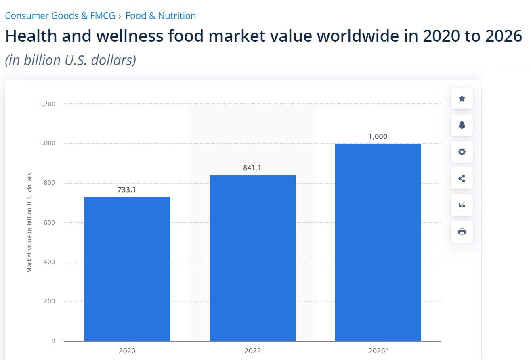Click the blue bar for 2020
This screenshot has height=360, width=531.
[x=127, y=269]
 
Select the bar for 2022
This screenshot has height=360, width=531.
[x=252, y=258]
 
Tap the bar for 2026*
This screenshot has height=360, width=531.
[x=378, y=242]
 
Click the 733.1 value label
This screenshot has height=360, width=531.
[x=127, y=190]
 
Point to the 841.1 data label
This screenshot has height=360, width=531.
[x=252, y=168]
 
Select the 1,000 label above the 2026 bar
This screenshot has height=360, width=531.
[x=378, y=136]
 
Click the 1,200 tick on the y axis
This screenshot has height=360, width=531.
[x=47, y=104]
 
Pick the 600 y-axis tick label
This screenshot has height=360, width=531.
[x=49, y=223]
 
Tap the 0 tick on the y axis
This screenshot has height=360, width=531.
[x=53, y=341]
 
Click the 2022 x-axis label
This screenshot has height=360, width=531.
[x=252, y=351]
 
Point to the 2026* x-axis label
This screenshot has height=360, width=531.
[x=378, y=351]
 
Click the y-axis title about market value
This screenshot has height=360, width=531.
[x=29, y=223]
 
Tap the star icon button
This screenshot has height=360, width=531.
[x=462, y=98]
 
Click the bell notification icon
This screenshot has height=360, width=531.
[x=462, y=125]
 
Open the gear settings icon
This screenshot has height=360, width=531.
[x=462, y=152]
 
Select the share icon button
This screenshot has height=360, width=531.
[x=462, y=178]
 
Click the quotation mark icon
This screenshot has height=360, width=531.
[x=462, y=205]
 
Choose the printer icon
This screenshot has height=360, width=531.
[x=462, y=232]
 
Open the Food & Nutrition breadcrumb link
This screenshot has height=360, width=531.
[x=161, y=16]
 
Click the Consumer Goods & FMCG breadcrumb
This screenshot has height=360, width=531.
[x=60, y=16]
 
